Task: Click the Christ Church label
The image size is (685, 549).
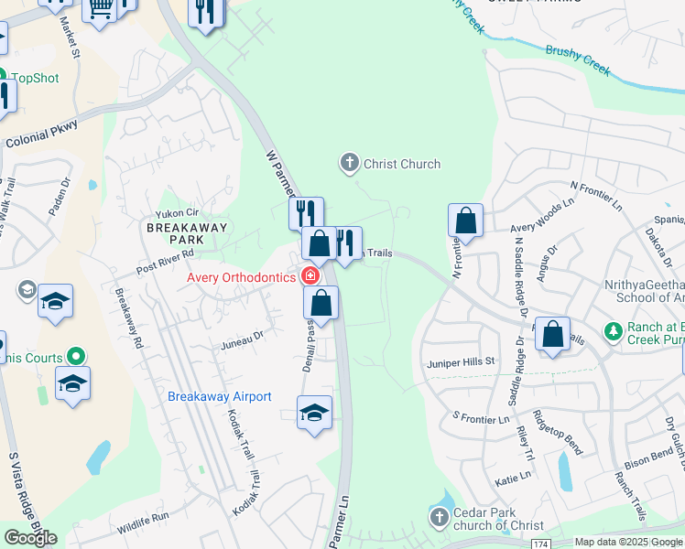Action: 402,165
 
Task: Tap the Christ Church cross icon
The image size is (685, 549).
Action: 349,164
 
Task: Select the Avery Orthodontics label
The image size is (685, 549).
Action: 241,277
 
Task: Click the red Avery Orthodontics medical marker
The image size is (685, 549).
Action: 310,276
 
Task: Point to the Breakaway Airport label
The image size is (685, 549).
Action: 220,396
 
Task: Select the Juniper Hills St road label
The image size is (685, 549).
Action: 461,362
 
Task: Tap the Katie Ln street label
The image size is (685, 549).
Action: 512,476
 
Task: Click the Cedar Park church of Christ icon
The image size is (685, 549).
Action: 440,519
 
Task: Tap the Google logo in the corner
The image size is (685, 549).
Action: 30,538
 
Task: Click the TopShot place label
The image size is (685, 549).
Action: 35,79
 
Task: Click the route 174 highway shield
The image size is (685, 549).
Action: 541,544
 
